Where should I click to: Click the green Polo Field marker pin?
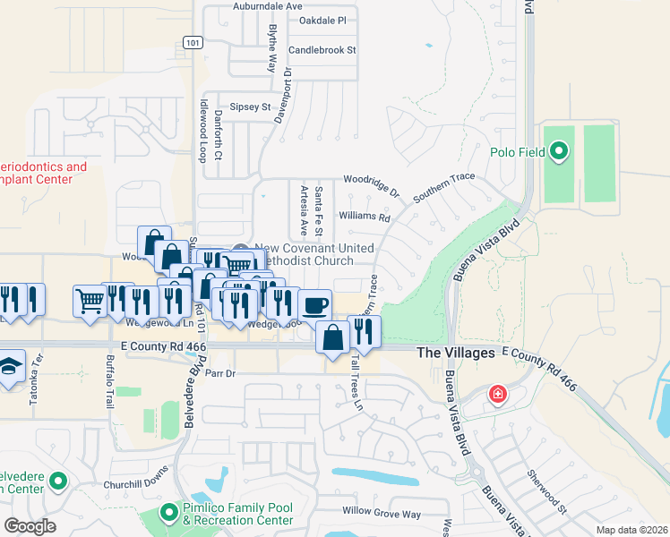[560, 151]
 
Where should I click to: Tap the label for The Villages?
[456, 354]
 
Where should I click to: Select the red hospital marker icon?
[497, 394]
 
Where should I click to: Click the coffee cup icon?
[314, 305]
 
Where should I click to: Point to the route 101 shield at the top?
[192, 42]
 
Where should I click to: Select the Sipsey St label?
[249, 107]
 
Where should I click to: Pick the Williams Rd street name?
[365, 217]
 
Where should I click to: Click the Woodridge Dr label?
[370, 184]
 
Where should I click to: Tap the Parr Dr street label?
[219, 372]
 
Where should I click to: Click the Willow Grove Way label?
[381, 514]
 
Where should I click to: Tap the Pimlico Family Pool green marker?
[167, 513]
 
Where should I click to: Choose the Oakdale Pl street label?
[322, 20]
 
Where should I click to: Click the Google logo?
[30, 526]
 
